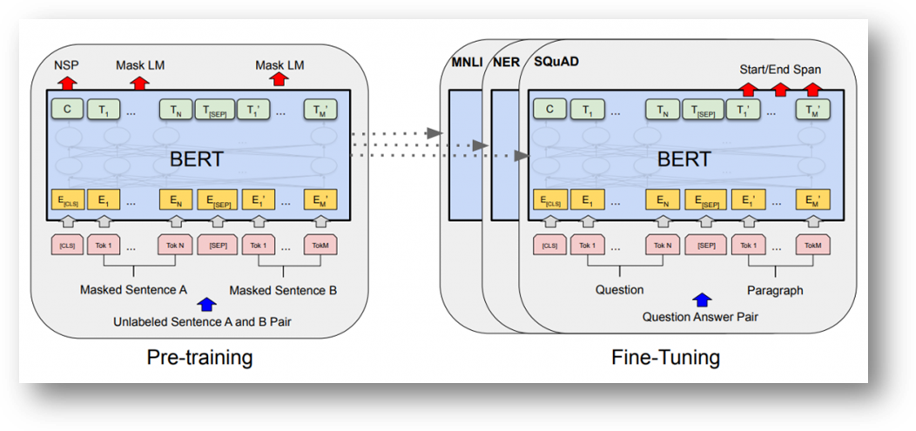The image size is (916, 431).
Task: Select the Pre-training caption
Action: click(199, 357)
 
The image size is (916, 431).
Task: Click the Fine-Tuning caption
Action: click(665, 357)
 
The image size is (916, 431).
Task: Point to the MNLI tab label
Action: click(467, 63)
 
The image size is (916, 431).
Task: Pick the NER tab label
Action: click(506, 63)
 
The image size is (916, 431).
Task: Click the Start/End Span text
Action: click(780, 70)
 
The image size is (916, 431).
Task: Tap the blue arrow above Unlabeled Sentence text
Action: click(206, 304)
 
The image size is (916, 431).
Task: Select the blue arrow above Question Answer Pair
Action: click(702, 300)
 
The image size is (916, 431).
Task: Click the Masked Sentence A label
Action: click(133, 290)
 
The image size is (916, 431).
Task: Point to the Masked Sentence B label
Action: click(283, 290)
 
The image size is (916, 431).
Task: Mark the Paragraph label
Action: click(775, 290)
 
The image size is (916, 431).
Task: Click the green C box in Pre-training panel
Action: click(66, 109)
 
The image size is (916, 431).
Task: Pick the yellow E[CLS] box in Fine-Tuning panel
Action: click(549, 200)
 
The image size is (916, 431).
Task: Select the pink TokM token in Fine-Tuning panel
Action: click(813, 246)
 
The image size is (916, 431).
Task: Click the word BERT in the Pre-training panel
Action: click(196, 159)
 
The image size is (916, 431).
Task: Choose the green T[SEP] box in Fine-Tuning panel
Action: click(703, 110)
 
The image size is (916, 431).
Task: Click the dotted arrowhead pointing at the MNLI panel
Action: click(434, 133)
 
